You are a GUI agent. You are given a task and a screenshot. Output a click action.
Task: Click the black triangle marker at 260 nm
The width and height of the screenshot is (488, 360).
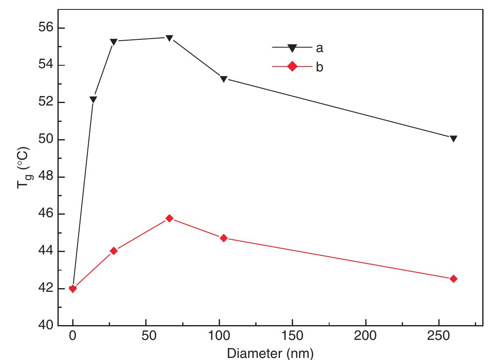453,138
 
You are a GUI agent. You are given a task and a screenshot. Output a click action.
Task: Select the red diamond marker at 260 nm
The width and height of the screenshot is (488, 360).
453,279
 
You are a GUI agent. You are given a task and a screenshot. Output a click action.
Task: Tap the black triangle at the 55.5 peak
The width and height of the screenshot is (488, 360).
169,38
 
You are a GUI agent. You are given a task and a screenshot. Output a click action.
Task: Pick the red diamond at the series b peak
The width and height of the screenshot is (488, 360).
169,218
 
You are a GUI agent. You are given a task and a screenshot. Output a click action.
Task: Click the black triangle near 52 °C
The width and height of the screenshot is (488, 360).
93,99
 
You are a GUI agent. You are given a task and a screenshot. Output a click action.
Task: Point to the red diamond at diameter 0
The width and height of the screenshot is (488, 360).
73,289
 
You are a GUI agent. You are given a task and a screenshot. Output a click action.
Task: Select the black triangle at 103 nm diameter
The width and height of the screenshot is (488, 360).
224,79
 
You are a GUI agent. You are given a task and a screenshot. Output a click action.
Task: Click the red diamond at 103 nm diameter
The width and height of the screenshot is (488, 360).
224,238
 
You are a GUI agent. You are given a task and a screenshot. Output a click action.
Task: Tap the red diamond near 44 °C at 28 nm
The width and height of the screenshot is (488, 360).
114,251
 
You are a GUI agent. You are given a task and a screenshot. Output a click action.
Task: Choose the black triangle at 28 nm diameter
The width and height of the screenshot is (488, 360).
114,41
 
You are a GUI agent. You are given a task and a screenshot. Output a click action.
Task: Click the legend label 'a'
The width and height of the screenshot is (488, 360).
319,48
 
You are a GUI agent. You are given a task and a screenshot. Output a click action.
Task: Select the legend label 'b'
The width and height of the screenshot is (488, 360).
319,67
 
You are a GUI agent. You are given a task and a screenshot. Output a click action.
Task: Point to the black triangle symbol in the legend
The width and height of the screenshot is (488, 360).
292,48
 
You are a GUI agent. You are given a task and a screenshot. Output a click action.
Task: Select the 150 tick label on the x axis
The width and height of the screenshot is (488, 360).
292,338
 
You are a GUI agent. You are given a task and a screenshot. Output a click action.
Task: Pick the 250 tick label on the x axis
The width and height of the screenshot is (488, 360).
439,338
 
